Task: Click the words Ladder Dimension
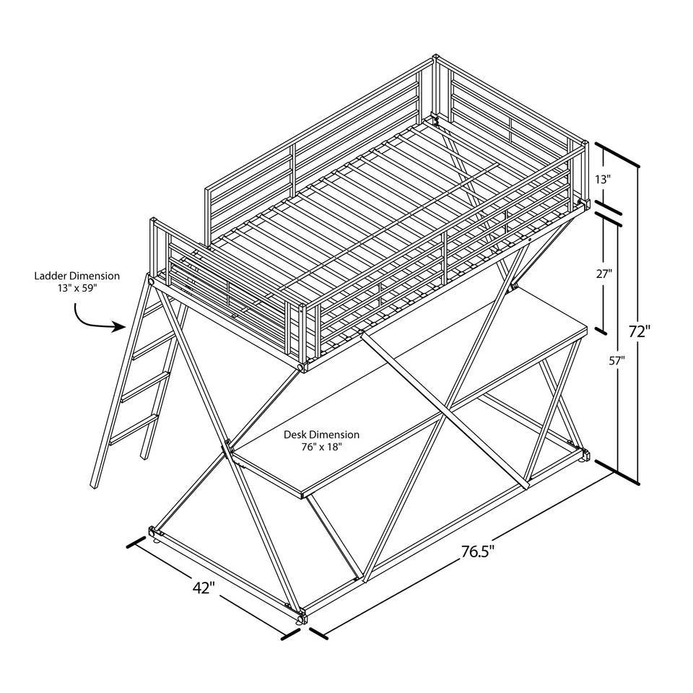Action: click(x=77, y=276)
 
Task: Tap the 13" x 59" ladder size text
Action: click(x=77, y=289)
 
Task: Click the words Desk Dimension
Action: click(x=322, y=435)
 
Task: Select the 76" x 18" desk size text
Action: click(x=322, y=447)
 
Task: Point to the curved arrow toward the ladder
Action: click(x=96, y=318)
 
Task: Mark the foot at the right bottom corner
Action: click(x=586, y=456)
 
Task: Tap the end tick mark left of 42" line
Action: click(x=131, y=543)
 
